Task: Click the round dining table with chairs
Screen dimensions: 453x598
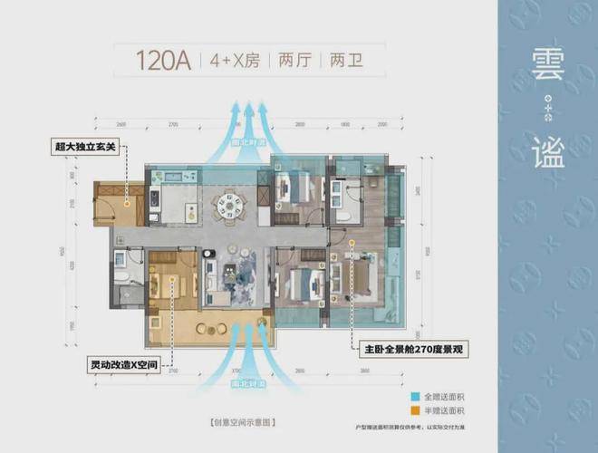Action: click(226, 204)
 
